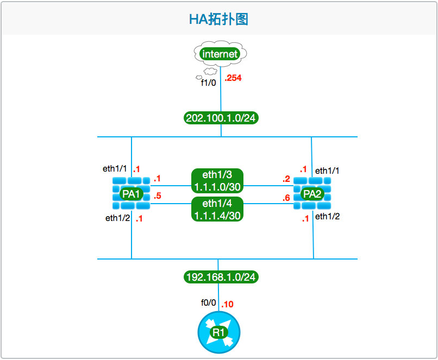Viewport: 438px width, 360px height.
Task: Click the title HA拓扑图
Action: coord(218,20)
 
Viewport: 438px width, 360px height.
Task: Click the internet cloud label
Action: coord(220,54)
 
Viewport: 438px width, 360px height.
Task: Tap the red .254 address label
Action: coord(233,78)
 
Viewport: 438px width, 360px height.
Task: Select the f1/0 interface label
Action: coord(209,83)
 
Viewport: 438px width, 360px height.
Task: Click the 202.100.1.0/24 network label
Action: coord(221,118)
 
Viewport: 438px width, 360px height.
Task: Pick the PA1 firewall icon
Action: coord(132,194)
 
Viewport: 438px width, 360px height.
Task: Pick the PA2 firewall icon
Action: coord(312,194)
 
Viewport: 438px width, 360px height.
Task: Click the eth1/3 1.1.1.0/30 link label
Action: coord(217,181)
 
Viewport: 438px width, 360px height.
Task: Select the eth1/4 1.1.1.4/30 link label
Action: coord(217,209)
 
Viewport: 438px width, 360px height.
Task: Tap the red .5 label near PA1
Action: coord(157,196)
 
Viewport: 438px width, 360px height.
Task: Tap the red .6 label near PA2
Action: coord(286,198)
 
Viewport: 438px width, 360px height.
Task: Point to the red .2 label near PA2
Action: coord(286,179)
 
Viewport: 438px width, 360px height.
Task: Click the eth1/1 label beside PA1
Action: coord(115,168)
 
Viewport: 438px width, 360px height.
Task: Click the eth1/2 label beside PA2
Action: coord(328,217)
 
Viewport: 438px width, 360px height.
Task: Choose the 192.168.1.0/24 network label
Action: coord(221,277)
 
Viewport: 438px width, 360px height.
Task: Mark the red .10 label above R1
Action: coord(227,304)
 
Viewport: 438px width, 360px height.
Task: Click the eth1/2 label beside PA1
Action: coord(117,218)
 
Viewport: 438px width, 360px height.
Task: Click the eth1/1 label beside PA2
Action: coord(328,170)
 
